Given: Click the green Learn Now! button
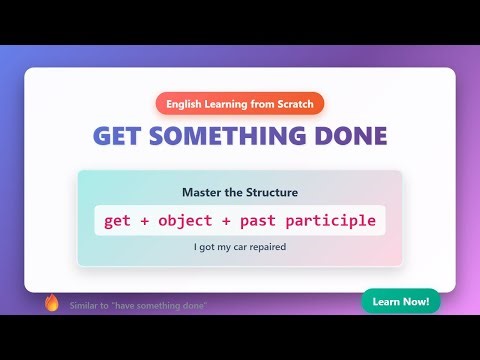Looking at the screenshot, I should point(400,301).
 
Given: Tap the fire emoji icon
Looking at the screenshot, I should point(52,303).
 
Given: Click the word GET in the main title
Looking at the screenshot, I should point(117,137).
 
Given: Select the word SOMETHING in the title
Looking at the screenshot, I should point(229,137).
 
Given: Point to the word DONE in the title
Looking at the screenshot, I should point(350,137).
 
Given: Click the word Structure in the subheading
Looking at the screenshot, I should point(270,192).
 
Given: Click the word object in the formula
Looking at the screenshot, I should point(193,220).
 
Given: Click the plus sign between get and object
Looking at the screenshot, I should point(148,220).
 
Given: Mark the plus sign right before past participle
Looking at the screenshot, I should point(238,220).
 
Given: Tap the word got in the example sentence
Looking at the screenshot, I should point(206,246).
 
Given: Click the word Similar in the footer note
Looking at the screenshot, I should point(84,305).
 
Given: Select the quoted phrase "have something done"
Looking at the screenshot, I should point(159,305).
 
